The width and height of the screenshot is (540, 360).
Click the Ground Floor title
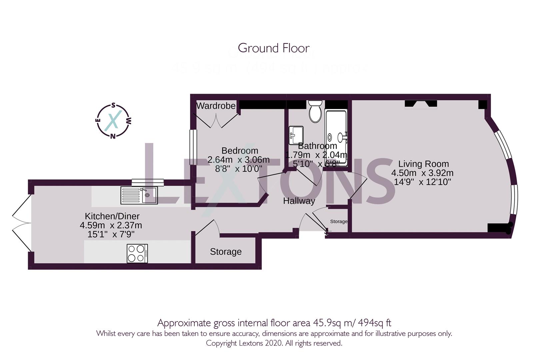[x=273, y=48]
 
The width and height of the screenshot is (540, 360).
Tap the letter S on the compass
[x=113, y=106]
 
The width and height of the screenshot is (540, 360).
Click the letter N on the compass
[x=113, y=136]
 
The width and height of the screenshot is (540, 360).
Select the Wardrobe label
[x=216, y=106]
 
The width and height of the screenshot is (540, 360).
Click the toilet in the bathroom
[x=315, y=111]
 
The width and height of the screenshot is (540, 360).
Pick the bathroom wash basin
[x=296, y=135]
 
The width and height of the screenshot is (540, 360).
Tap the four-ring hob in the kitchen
[x=137, y=253]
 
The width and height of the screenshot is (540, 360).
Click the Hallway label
[x=299, y=201]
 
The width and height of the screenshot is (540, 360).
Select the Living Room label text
[x=423, y=164]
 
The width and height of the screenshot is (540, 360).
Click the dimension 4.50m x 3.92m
[x=422, y=173]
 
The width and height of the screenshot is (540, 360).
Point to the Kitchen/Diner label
[x=112, y=216]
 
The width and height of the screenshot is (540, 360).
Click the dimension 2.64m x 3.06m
[x=238, y=160]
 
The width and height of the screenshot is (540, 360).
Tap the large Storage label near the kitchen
[x=226, y=252]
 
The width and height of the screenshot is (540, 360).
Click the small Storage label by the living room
[x=339, y=221]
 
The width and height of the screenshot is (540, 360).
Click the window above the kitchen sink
[x=148, y=182]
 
